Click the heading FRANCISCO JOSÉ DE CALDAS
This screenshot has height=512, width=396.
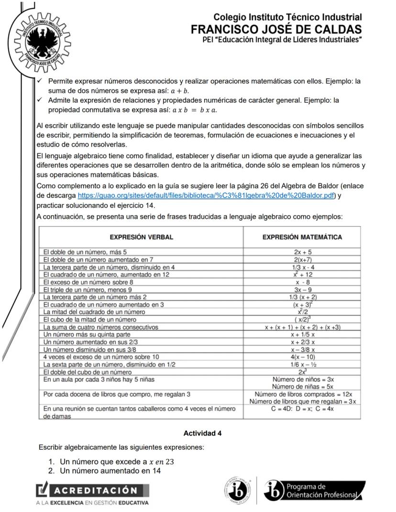coord(276,29)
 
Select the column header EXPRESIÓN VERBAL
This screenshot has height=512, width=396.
coord(142,237)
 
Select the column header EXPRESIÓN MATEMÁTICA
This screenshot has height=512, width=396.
coord(302,237)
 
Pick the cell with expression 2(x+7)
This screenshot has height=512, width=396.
coord(302,259)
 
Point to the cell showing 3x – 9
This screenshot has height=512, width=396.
coord(302,290)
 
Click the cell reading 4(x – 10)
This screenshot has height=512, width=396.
coord(302,357)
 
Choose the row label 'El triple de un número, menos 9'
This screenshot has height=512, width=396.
coord(88,290)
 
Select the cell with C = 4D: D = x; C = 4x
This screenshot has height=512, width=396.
coord(302,409)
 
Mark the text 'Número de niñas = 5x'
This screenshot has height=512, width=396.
coord(303,386)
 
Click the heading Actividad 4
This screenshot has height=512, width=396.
coord(202,434)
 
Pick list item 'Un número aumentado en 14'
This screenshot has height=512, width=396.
coord(110,471)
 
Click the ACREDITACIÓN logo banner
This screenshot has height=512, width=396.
coord(93,490)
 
